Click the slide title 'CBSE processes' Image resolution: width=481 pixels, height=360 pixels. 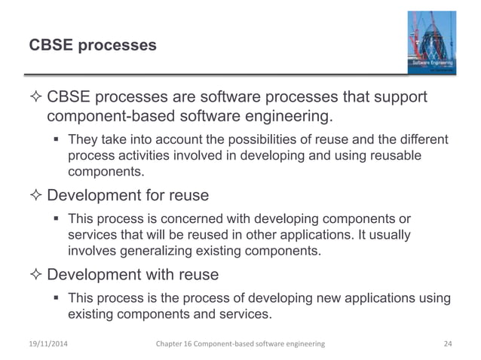coord(93,46)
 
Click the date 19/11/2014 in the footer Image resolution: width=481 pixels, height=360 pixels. coord(51,343)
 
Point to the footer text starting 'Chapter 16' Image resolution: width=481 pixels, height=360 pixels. coord(240,343)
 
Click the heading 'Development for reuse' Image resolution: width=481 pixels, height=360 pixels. coord(127,195)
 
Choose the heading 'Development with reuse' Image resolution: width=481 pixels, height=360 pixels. coord(133,275)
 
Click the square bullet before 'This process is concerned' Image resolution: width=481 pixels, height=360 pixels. coord(57,219)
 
